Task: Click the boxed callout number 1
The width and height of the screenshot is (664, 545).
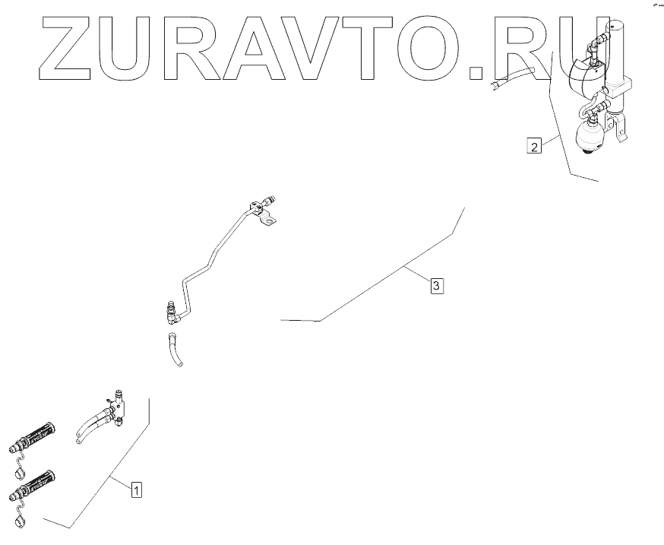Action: pyautogui.click(x=136, y=490)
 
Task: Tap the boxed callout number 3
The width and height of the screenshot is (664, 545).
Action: pyautogui.click(x=436, y=286)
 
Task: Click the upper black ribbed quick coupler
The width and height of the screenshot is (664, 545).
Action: pyautogui.click(x=38, y=435)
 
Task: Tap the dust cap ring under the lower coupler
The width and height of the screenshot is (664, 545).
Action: pyautogui.click(x=21, y=524)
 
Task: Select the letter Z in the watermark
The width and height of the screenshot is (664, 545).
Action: pyautogui.click(x=65, y=49)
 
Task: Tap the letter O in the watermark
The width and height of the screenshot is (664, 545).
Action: pyautogui.click(x=426, y=49)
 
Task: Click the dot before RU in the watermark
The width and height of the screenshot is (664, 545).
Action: pyautogui.click(x=476, y=73)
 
